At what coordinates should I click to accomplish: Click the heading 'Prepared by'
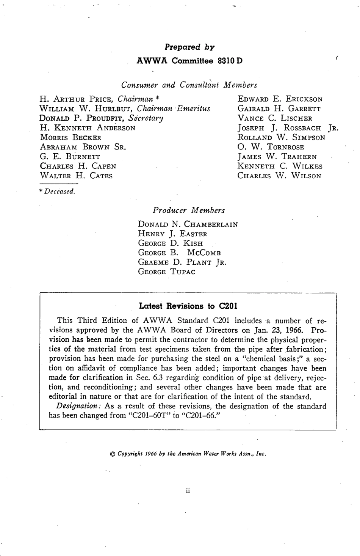[x=189, y=47]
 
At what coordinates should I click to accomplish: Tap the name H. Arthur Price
[x=77, y=99]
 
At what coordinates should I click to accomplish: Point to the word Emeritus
[x=194, y=109]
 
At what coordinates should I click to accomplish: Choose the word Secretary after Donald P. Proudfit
[x=146, y=118]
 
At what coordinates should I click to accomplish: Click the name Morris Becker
[x=70, y=137]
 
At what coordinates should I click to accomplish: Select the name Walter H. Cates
[x=76, y=176]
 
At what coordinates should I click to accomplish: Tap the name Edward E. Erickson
[x=280, y=99]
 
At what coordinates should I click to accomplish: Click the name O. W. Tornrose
[x=271, y=147]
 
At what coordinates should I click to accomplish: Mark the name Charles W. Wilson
[x=279, y=176]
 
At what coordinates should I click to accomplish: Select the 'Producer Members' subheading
[x=189, y=210]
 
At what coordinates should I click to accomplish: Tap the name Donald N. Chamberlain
[x=188, y=224]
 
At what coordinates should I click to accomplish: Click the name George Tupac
[x=167, y=272]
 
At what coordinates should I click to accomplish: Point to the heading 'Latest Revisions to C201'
[x=188, y=306]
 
